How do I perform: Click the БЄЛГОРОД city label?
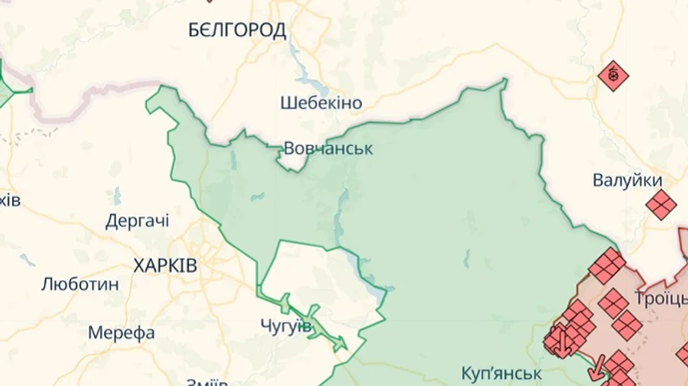pyautogui.click(x=237, y=31)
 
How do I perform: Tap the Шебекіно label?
pyautogui.click(x=321, y=102)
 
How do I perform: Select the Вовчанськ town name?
pyautogui.click(x=328, y=148)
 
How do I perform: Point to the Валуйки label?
pyautogui.click(x=628, y=180)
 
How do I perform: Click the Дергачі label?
pyautogui.click(x=138, y=222)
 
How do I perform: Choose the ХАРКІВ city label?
pyautogui.click(x=165, y=266)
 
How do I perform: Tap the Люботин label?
pyautogui.click(x=80, y=284)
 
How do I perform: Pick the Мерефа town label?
pyautogui.click(x=122, y=333)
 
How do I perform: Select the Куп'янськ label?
pyautogui.click(x=501, y=374)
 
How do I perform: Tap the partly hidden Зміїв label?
pyautogui.click(x=206, y=381)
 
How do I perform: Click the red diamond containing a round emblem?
pyautogui.click(x=613, y=76)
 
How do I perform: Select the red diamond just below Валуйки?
pyautogui.click(x=660, y=205)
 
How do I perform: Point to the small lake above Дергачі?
pyautogui.click(x=117, y=196)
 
